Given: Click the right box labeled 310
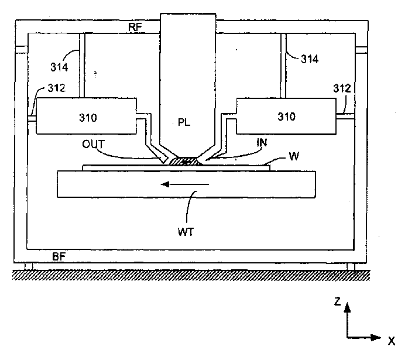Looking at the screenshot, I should point(286,116).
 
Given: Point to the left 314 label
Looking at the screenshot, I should point(59,67).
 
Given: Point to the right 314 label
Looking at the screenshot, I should point(310,59).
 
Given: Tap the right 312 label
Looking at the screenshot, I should point(343,88).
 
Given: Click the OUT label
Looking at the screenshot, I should point(94,142).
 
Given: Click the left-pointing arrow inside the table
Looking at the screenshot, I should point(185,184).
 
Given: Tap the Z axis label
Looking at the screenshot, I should point(338,302).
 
